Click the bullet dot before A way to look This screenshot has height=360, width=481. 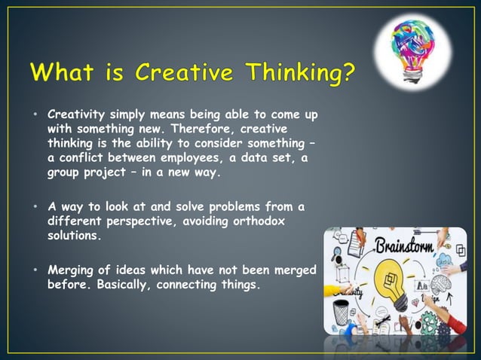pyautogui.click(x=35, y=207)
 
